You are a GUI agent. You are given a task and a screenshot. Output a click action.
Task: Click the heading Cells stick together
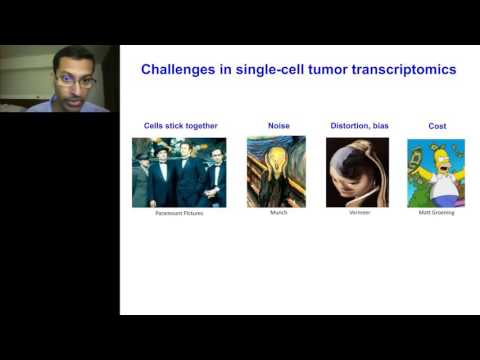[x=180, y=126]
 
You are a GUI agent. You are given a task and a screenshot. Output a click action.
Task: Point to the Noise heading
[x=279, y=126]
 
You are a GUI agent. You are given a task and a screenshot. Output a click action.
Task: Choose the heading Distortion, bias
[x=357, y=126]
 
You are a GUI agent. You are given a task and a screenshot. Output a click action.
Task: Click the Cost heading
[x=436, y=126]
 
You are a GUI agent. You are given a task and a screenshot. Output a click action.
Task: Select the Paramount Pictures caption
[x=180, y=213]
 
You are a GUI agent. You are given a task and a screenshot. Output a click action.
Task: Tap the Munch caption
[x=279, y=213]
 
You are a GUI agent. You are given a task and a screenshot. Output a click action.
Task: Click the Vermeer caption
[x=357, y=213]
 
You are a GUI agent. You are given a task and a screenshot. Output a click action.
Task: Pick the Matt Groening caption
[x=436, y=213]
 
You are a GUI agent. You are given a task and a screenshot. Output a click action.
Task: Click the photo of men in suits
[x=180, y=172]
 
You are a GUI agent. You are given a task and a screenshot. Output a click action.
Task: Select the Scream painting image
[x=279, y=172]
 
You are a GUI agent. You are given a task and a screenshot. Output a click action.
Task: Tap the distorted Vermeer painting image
[x=357, y=172]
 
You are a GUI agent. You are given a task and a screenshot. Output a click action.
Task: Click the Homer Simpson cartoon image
[x=436, y=172]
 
